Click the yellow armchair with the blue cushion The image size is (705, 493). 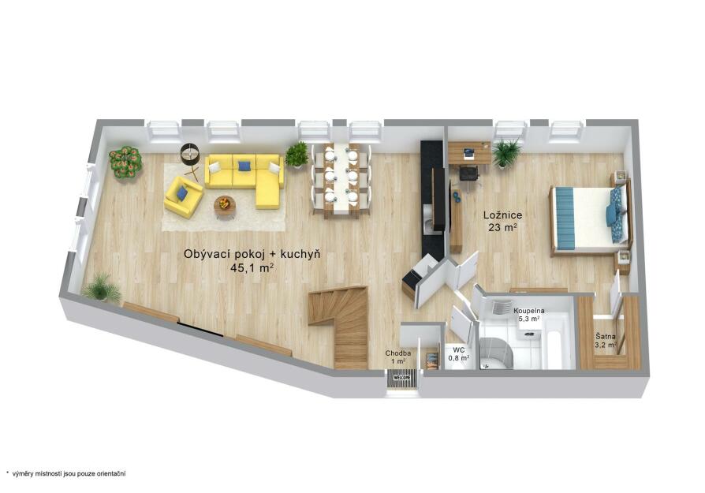(183, 196)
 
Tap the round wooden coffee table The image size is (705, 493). (225, 206)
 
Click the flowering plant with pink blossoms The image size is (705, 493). (125, 162)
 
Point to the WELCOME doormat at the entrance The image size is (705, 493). (402, 377)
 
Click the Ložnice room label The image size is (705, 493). (502, 215)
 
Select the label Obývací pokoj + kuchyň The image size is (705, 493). (252, 255)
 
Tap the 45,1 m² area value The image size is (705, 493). (252, 268)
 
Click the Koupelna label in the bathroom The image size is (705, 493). (529, 311)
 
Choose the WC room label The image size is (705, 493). (459, 350)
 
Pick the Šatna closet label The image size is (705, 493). (606, 337)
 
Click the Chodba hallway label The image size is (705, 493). (398, 353)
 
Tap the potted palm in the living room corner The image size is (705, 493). (102, 288)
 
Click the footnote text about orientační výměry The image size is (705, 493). (65, 473)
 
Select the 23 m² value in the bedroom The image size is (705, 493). (502, 228)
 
